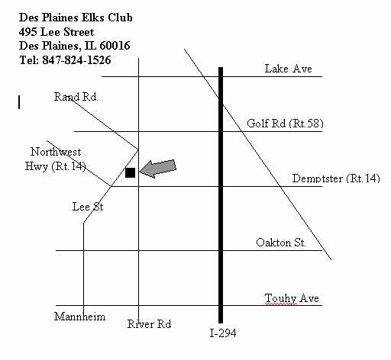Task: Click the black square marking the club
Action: (x=130, y=172)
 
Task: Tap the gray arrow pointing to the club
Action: (x=158, y=169)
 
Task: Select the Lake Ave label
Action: (x=288, y=69)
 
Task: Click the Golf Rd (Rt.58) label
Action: (x=285, y=124)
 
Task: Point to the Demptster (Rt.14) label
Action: (x=336, y=178)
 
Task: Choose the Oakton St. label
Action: (x=281, y=243)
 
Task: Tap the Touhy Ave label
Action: (x=292, y=298)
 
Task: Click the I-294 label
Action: (x=223, y=333)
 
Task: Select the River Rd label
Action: (x=149, y=324)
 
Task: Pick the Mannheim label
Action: (x=79, y=317)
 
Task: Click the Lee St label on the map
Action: (x=88, y=207)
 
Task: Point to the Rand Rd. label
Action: (x=76, y=97)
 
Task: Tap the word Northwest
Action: (x=56, y=152)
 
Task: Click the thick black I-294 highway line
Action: (x=221, y=195)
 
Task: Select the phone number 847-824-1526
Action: (x=76, y=60)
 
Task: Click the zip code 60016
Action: (x=115, y=46)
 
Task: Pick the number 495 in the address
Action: (x=28, y=32)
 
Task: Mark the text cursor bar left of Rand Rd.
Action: (x=19, y=102)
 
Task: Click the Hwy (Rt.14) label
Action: (x=55, y=166)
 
